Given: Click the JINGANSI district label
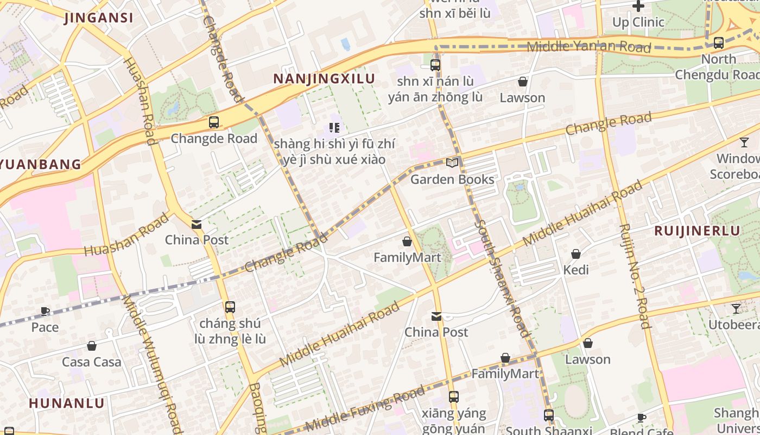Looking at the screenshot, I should [x=99, y=18].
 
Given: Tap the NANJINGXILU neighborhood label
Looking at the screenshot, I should [x=324, y=79].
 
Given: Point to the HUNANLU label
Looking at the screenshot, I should [x=66, y=403].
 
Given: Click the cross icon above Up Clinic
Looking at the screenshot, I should [x=638, y=6].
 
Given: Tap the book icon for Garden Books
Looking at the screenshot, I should [x=452, y=163].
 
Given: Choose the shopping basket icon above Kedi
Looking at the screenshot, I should [x=576, y=254].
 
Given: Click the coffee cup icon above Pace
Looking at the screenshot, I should [x=45, y=311].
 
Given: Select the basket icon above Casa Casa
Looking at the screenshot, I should [x=92, y=346].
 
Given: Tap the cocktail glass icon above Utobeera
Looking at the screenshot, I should [x=736, y=309].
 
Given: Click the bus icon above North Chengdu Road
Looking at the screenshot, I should [x=719, y=42].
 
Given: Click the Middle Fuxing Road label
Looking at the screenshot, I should [x=365, y=408].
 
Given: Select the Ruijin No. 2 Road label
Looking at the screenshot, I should [x=634, y=276].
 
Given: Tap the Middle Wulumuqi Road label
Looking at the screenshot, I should [x=153, y=364].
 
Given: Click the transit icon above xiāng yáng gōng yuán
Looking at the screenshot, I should [x=453, y=397].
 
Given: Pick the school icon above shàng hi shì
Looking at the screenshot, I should [x=334, y=128].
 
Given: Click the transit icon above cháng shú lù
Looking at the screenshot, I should [x=230, y=307].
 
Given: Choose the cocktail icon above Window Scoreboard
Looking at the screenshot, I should [x=744, y=142].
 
